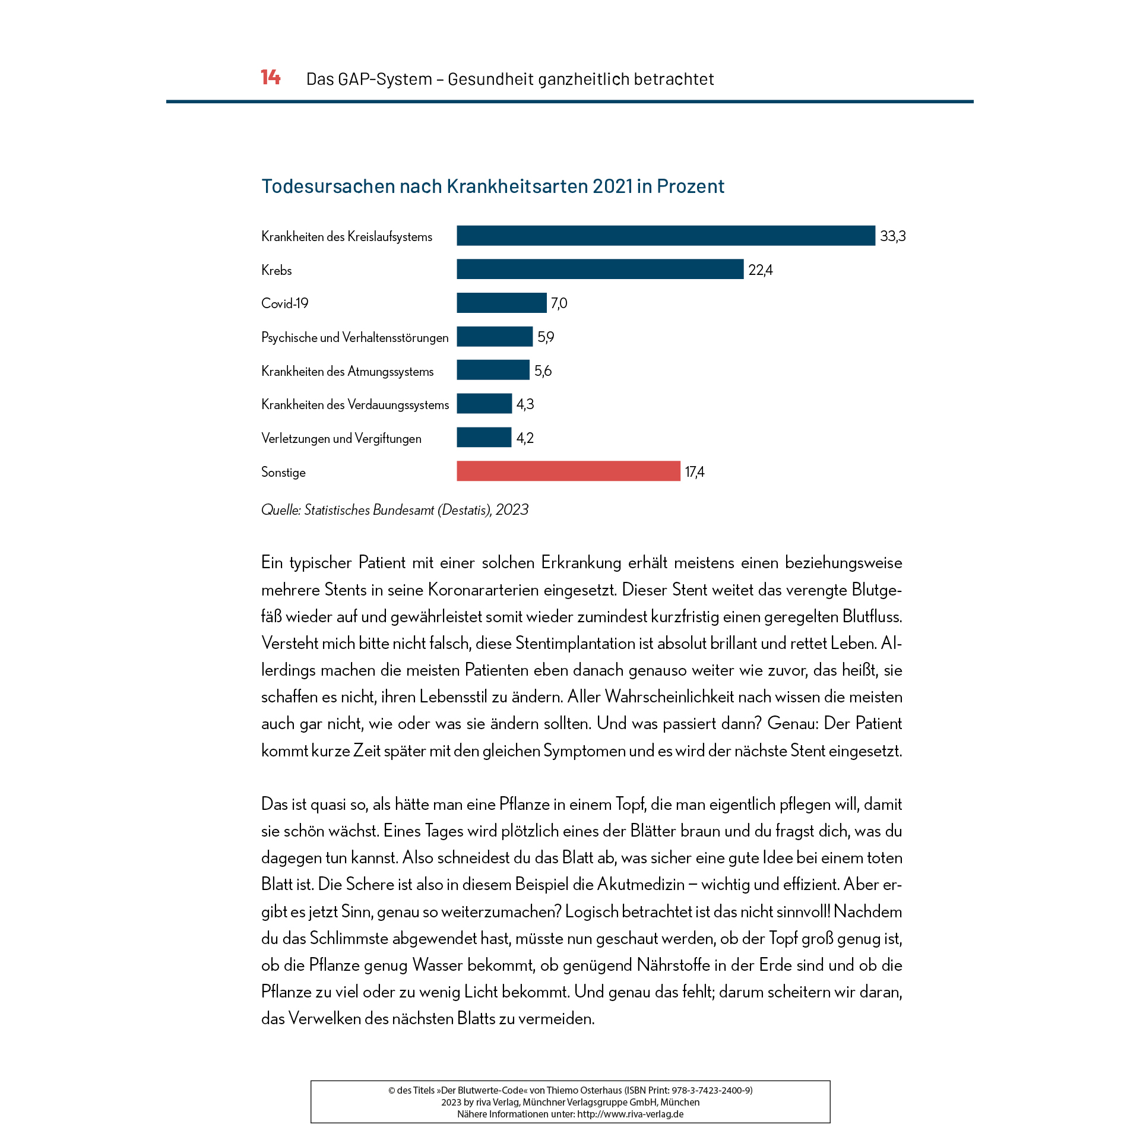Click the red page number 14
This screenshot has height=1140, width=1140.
point(270,78)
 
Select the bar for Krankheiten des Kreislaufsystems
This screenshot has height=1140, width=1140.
point(665,236)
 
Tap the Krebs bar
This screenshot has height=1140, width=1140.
point(600,269)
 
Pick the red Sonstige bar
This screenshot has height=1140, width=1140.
point(568,471)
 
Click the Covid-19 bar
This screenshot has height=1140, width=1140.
point(501,303)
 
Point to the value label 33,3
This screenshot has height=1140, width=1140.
point(892,236)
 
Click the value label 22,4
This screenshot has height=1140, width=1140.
point(760,270)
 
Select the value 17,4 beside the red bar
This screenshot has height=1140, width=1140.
point(694,472)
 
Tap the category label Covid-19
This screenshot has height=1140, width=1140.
point(285,303)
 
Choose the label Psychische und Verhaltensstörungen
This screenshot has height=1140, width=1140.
point(354,338)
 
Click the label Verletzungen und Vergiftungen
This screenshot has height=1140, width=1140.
point(341,439)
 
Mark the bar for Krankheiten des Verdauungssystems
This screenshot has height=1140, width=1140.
point(484,404)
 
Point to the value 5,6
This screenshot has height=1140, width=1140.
point(543,371)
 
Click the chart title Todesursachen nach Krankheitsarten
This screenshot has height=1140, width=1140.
point(493,186)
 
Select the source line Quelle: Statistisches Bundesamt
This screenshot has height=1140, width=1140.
point(395,510)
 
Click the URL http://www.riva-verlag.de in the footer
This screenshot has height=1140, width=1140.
point(630,1114)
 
